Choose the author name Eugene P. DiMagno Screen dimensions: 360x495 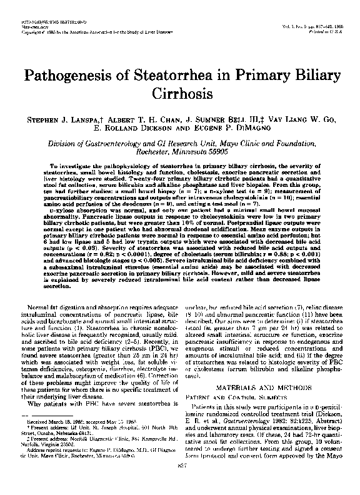click(234, 127)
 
